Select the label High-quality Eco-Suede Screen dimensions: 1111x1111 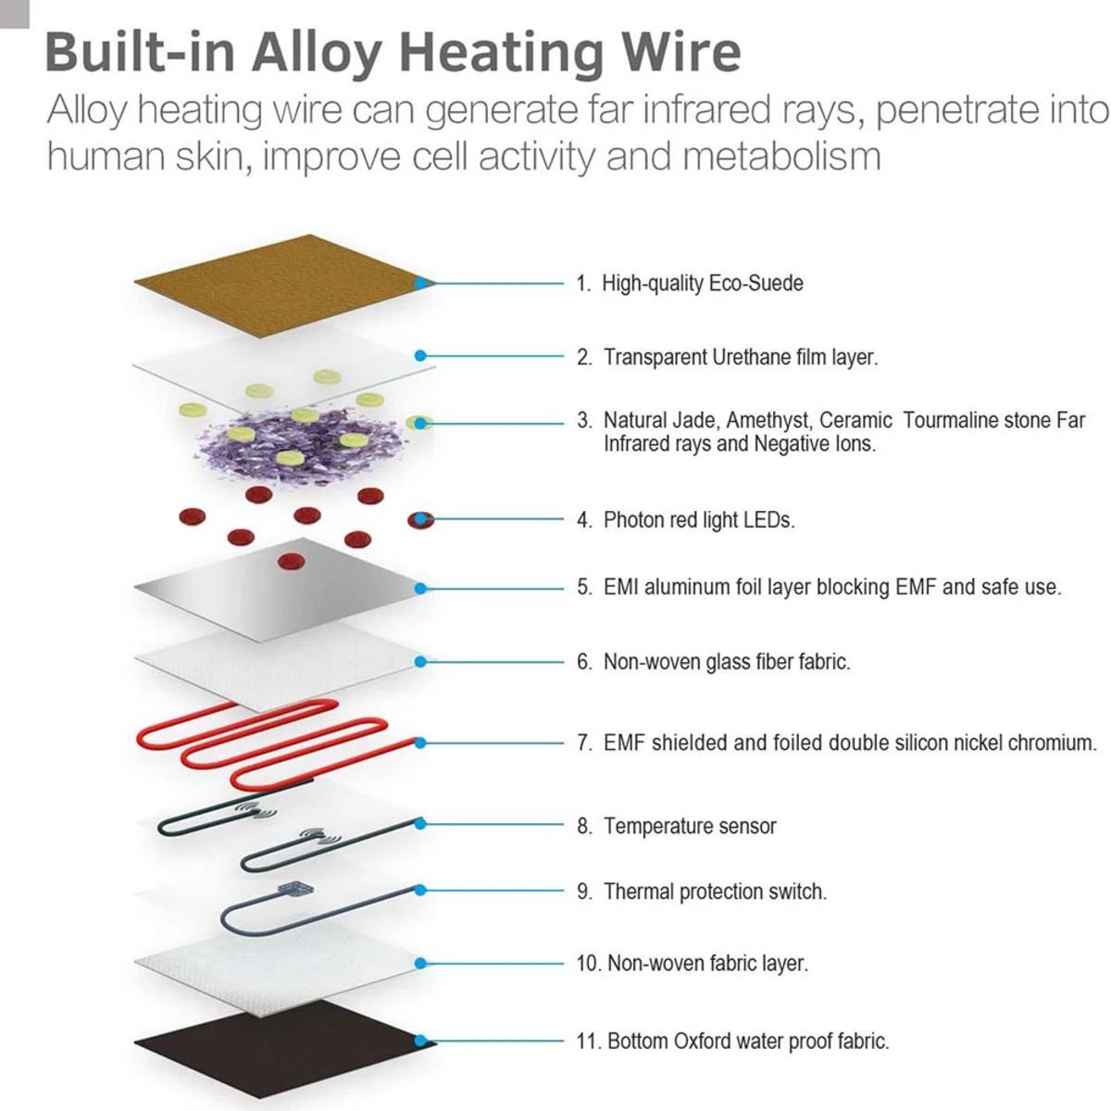(702, 283)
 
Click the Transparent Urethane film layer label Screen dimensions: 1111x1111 (740, 356)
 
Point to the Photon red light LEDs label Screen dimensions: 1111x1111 (698, 520)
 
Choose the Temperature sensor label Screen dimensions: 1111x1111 (689, 826)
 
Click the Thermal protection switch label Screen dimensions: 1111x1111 (714, 892)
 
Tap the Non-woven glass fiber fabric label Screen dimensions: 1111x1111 (726, 662)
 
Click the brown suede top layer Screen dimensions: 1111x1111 (278, 282)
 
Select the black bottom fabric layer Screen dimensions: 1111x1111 (278, 1042)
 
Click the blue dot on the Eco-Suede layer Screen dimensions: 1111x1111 (422, 282)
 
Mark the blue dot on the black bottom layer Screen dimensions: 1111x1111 (422, 1041)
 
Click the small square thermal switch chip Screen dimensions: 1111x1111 (294, 890)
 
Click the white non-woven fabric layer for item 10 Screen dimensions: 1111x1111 (278, 963)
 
